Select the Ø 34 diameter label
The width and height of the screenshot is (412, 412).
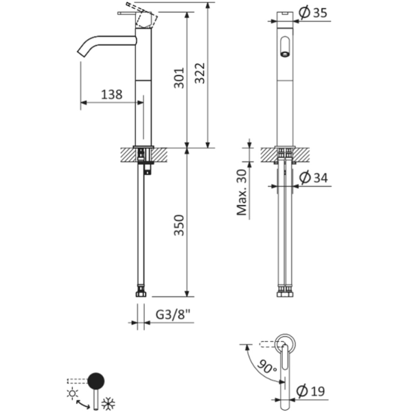(x=313, y=178)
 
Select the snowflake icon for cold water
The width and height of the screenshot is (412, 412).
(x=108, y=403)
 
